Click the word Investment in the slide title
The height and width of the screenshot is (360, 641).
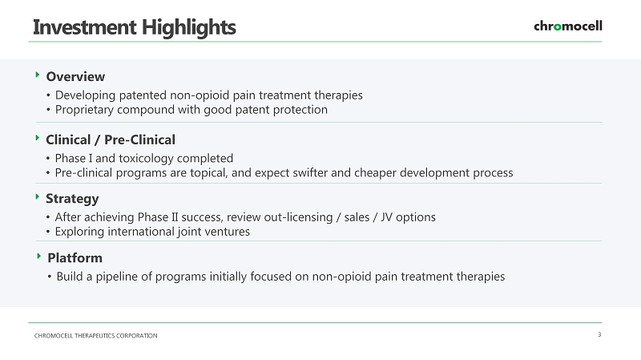(84, 27)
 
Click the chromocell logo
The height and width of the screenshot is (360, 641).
(568, 26)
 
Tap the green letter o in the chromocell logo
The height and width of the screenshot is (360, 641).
(557, 27)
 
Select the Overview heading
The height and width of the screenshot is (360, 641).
(75, 76)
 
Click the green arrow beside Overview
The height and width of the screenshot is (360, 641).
(38, 75)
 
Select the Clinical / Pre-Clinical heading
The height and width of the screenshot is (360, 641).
(111, 140)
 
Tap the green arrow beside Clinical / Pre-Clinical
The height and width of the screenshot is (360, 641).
(38, 138)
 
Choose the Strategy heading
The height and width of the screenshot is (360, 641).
(72, 199)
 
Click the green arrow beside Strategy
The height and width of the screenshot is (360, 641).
(38, 196)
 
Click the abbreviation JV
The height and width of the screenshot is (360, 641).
(387, 216)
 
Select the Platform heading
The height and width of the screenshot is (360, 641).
(75, 257)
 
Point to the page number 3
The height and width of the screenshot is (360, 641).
(599, 334)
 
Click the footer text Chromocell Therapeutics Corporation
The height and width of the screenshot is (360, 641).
(95, 336)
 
